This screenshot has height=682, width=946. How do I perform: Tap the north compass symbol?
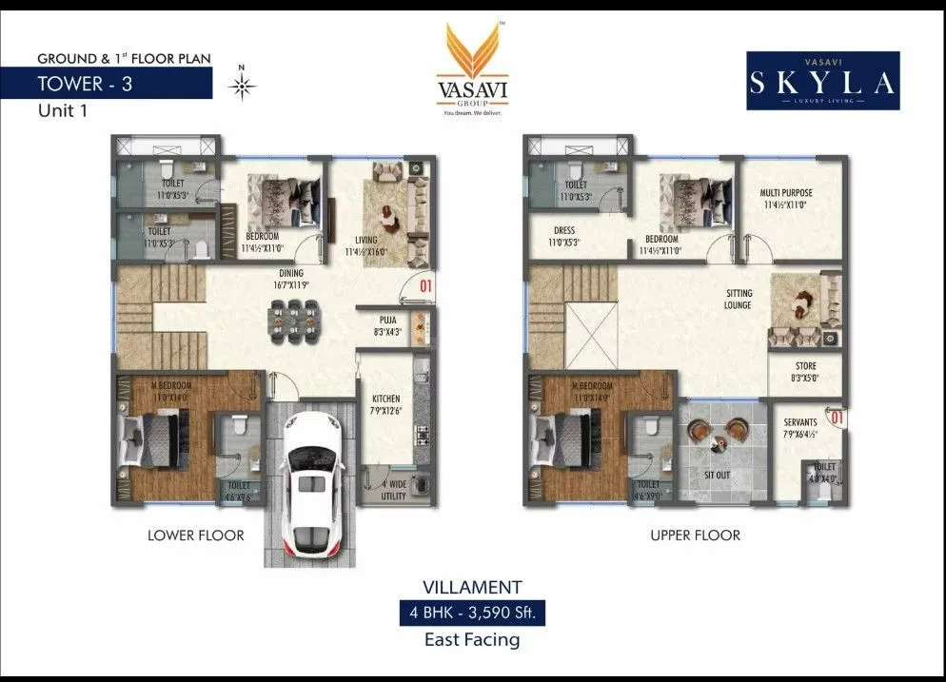(244, 87)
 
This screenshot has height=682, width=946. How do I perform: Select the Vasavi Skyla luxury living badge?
(822, 81)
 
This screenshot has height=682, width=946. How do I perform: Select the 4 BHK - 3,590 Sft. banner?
(472, 613)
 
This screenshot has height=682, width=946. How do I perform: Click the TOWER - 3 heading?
(85, 83)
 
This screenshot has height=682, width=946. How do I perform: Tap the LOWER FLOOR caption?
(195, 536)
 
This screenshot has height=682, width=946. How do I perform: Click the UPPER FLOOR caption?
(695, 536)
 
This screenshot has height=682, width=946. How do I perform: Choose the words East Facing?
(472, 640)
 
